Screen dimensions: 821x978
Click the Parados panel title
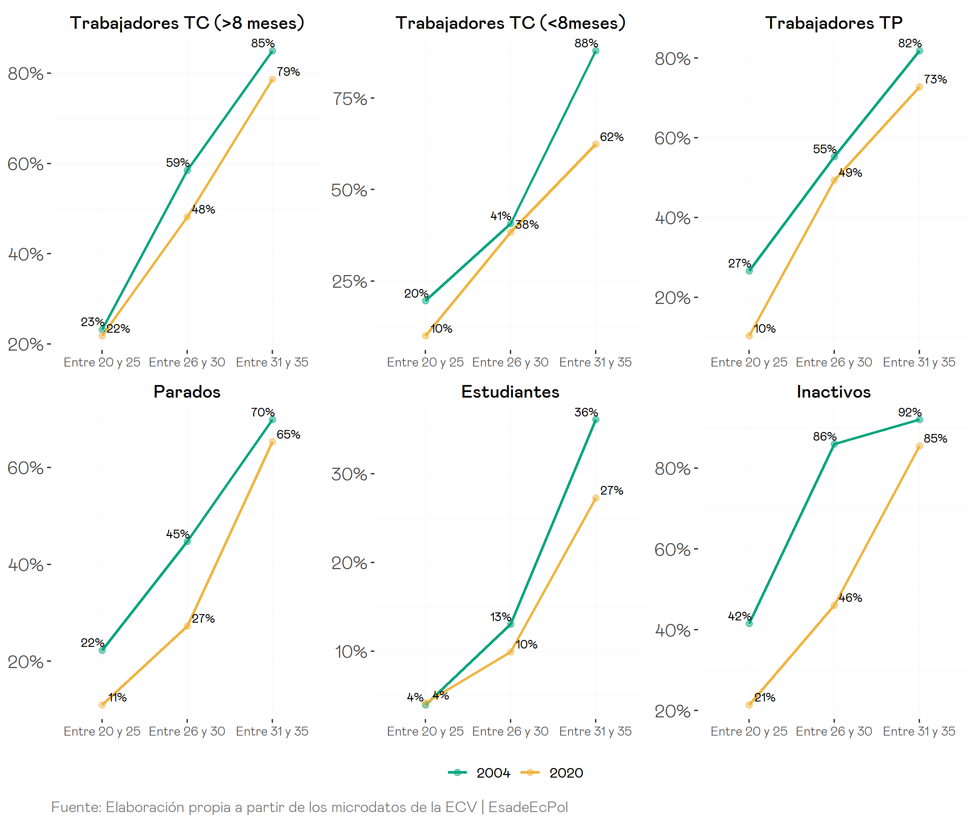[187, 392]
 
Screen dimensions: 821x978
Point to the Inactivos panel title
[833, 392]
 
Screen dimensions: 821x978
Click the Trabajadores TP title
[834, 23]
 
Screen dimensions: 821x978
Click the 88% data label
[586, 43]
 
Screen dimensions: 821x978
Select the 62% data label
[612, 137]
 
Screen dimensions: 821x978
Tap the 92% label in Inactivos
[909, 412]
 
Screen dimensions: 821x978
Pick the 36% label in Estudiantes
[586, 412]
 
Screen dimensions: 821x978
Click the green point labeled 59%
[187, 170]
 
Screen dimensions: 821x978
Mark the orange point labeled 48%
[187, 217]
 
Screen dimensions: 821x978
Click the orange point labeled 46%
[834, 605]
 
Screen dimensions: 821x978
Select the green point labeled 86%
[834, 444]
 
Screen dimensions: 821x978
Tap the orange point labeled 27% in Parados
[187, 626]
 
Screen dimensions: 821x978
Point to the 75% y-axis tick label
[349, 99]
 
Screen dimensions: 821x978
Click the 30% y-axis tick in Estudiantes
[349, 474]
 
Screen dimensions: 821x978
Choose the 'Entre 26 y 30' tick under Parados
[187, 731]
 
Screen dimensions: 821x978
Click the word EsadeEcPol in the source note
[528, 807]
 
